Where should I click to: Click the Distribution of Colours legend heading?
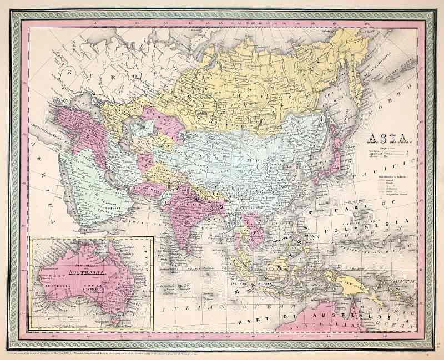pyautogui.click(x=393, y=176)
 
